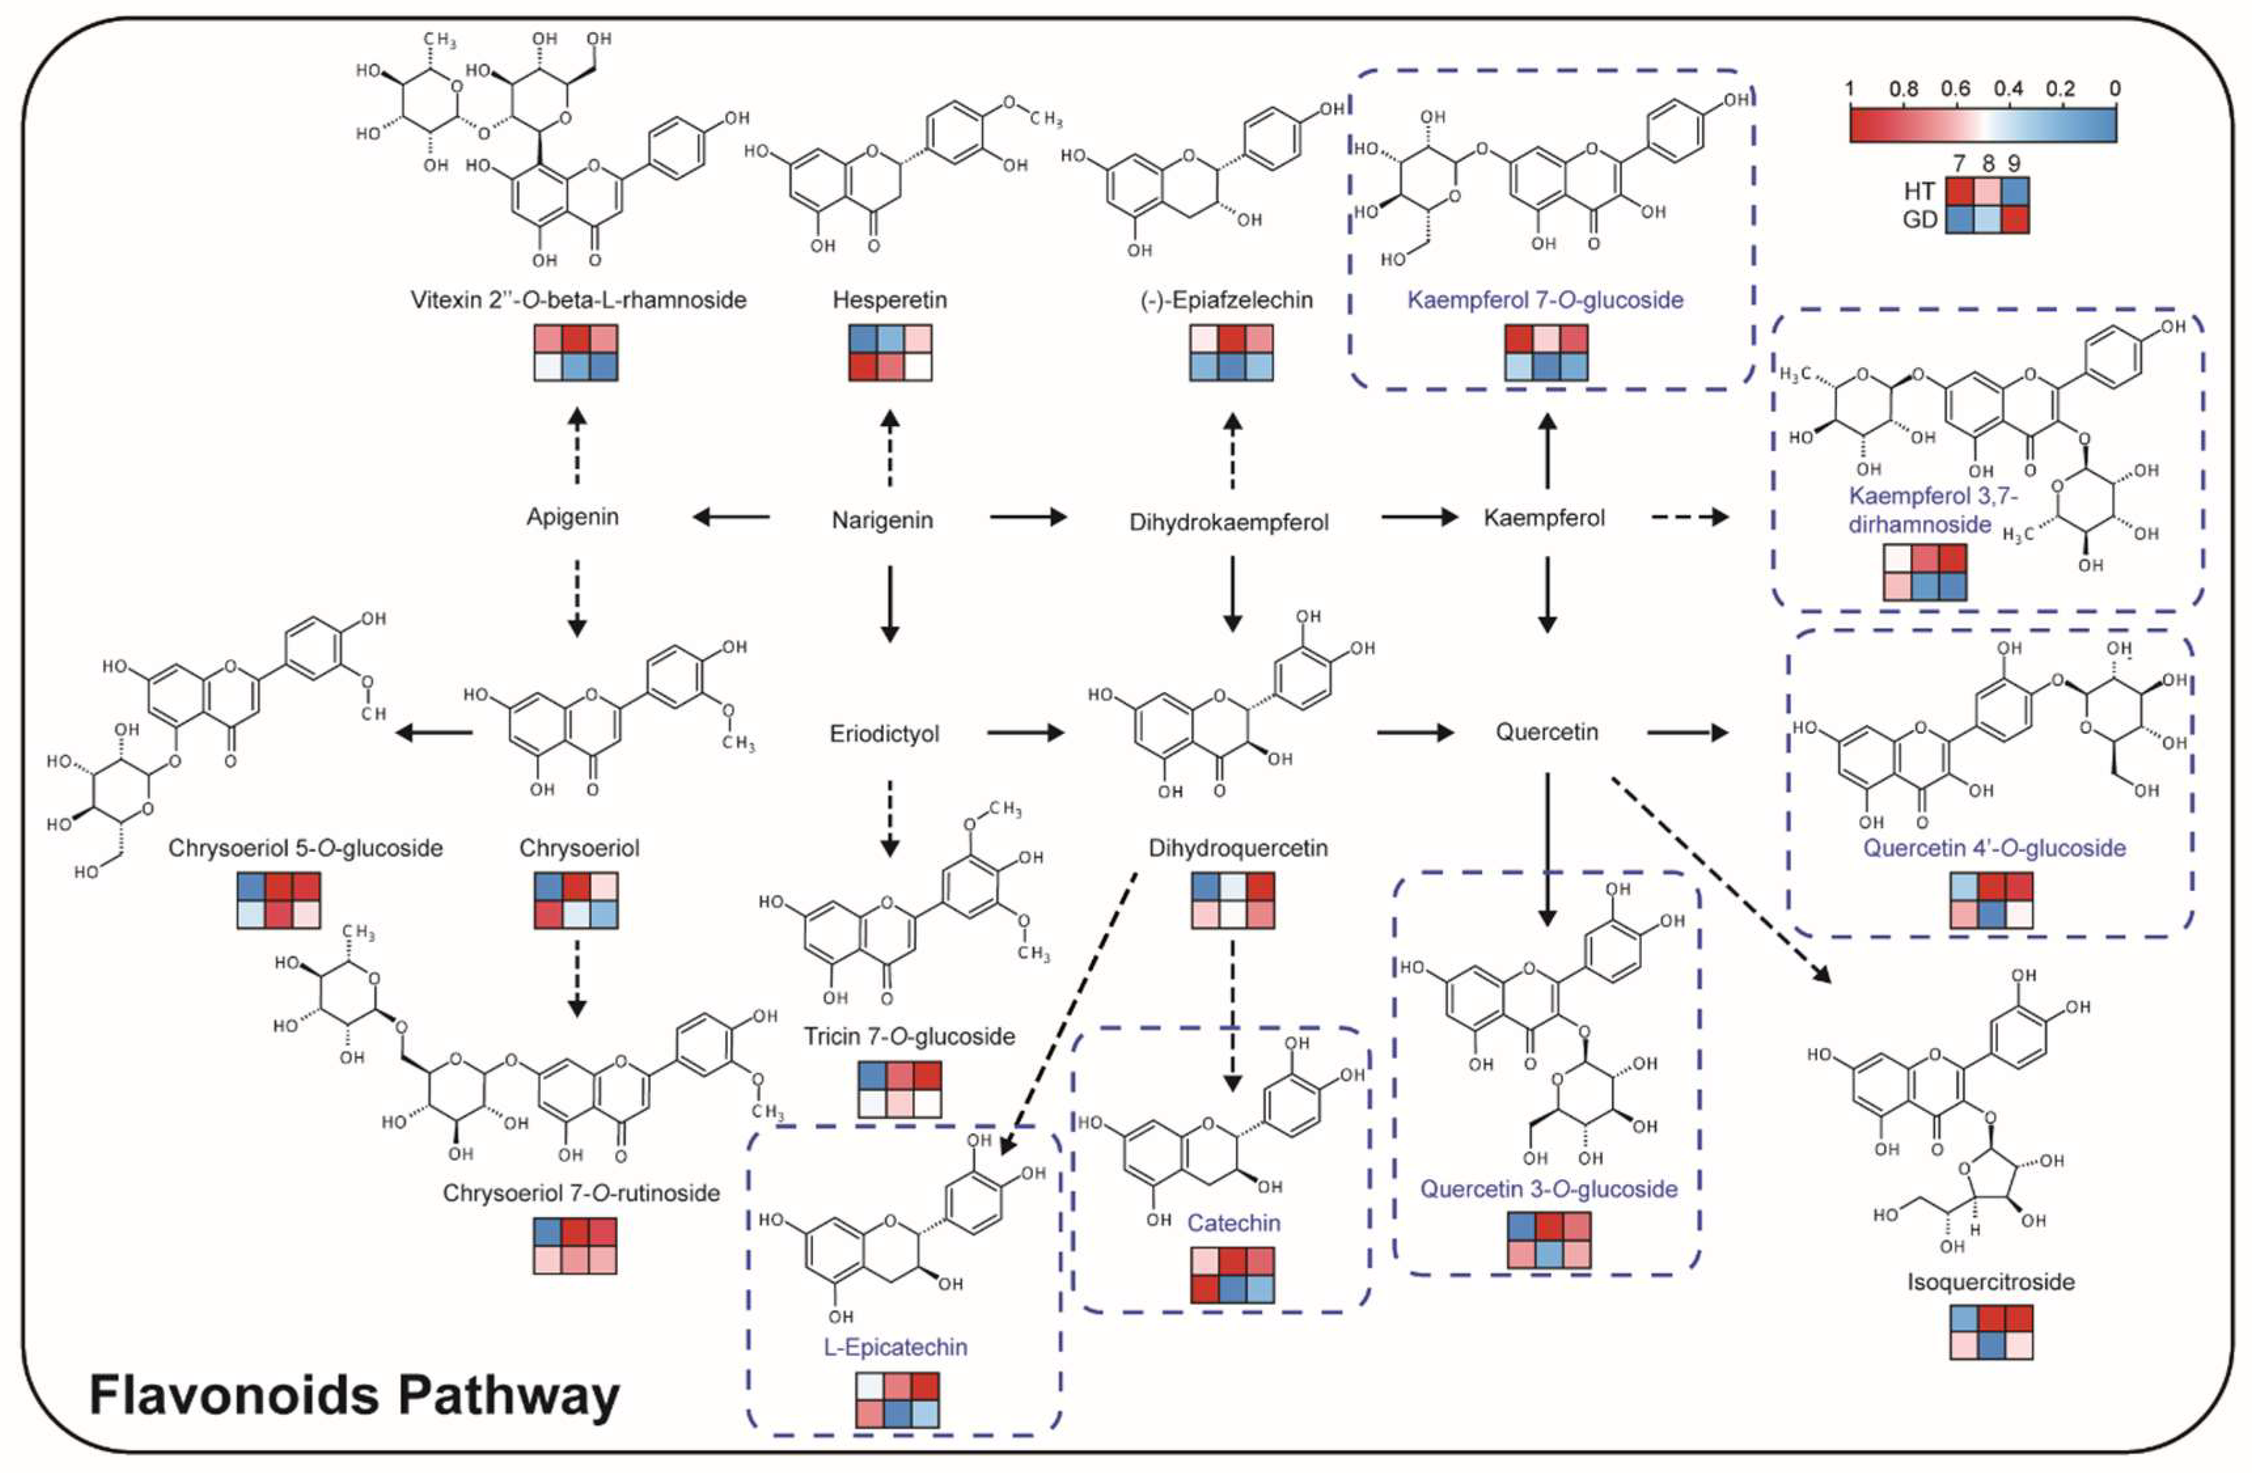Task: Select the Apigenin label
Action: click(572, 517)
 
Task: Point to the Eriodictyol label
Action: click(884, 734)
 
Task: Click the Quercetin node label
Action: click(1546, 732)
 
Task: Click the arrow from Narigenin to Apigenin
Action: click(731, 517)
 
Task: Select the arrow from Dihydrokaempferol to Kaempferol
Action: click(1419, 517)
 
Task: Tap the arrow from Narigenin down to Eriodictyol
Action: click(890, 604)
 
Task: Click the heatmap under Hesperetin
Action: click(890, 353)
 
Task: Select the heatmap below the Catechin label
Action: click(1232, 1275)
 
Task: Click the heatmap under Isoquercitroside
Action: click(1991, 1332)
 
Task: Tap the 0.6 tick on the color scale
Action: click(1955, 89)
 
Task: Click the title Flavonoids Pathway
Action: click(354, 1394)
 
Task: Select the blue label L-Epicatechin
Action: click(895, 1346)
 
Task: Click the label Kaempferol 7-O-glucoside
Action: click(1545, 300)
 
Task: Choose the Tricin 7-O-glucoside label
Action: click(909, 1036)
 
